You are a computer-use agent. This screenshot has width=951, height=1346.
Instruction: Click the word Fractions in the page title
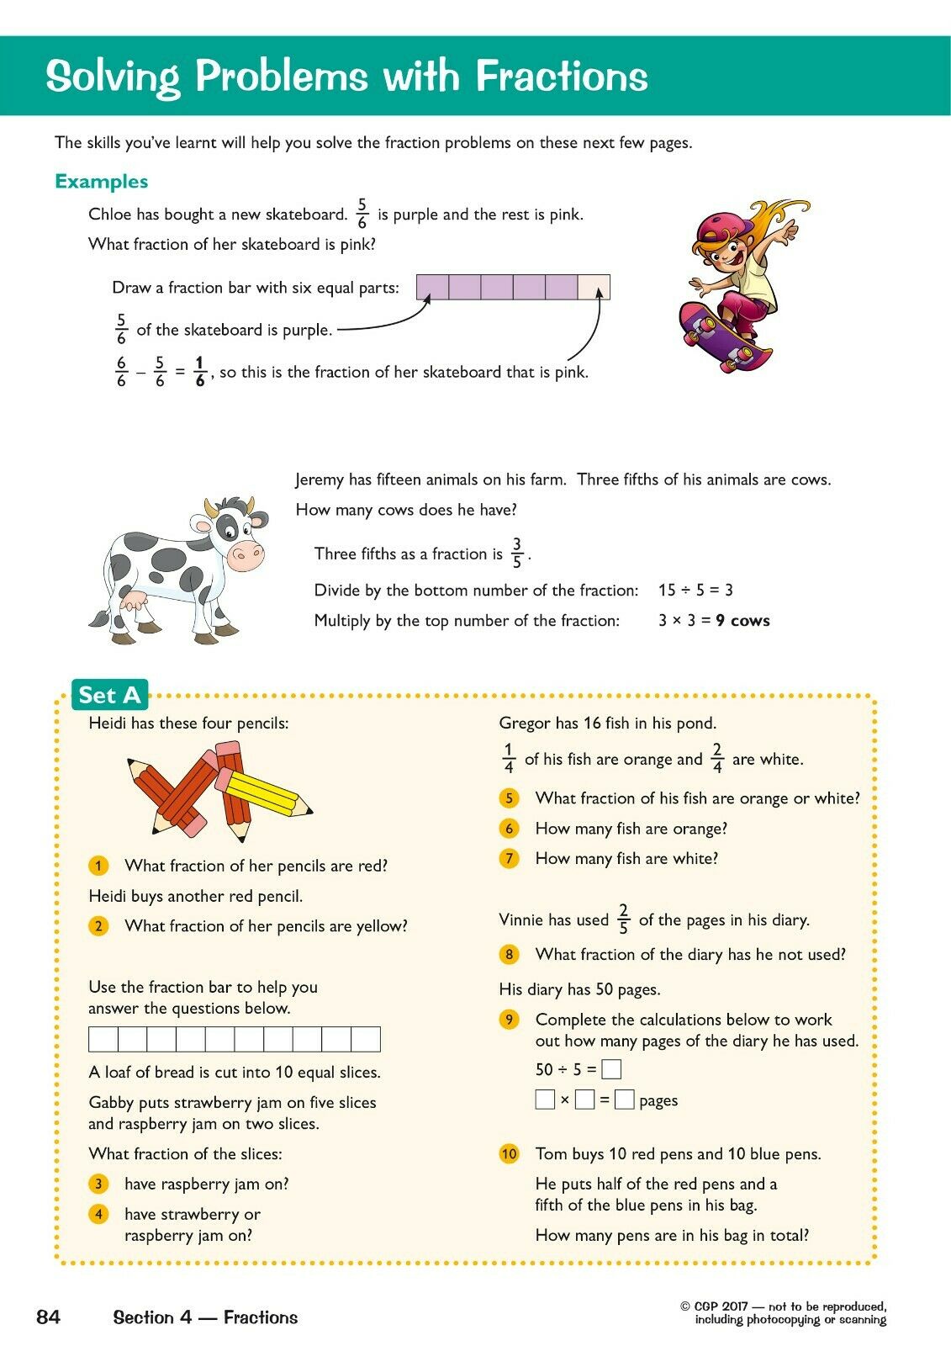click(562, 76)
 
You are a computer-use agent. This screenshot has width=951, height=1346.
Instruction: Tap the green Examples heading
click(101, 182)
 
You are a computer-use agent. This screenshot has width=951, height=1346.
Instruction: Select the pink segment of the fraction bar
click(594, 287)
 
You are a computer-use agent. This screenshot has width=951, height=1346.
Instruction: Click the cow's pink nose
click(246, 554)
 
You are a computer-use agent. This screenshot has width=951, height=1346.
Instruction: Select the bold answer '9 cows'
click(742, 621)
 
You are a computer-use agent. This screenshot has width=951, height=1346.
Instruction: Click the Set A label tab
click(109, 695)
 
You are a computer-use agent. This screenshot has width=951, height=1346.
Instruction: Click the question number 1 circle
click(98, 866)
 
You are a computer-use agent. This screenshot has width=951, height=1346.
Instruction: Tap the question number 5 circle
click(509, 798)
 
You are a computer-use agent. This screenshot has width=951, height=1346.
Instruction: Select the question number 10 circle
click(509, 1153)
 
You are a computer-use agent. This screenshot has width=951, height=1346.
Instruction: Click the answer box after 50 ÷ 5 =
click(612, 1069)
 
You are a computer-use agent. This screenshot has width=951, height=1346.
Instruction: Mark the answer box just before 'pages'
click(624, 1100)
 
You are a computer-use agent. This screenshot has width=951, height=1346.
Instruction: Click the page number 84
click(49, 1317)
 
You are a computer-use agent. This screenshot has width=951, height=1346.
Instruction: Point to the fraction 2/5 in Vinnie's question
click(623, 919)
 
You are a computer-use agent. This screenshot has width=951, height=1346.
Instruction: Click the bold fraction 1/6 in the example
click(199, 372)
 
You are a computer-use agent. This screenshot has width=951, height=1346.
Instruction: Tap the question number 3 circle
click(98, 1184)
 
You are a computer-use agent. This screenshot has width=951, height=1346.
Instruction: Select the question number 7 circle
click(509, 859)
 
